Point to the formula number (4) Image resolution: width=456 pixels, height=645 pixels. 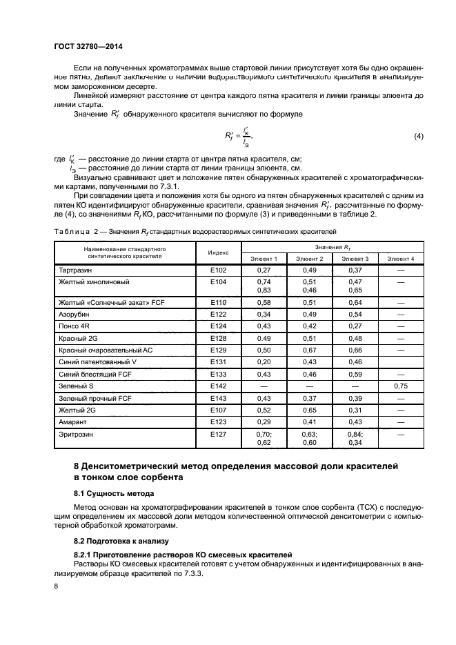pyautogui.click(x=417, y=137)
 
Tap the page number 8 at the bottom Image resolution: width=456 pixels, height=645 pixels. pyautogui.click(x=57, y=586)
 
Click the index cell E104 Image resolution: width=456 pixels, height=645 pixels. pyautogui.click(x=218, y=282)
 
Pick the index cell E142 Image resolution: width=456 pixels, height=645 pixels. pyautogui.click(x=218, y=387)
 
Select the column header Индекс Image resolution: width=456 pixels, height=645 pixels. pyautogui.click(x=218, y=252)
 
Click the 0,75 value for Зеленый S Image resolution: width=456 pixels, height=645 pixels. pyautogui.click(x=400, y=387)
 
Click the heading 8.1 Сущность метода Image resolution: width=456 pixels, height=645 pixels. pyautogui.click(x=114, y=493)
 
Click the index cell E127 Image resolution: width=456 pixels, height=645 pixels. pyautogui.click(x=218, y=434)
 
